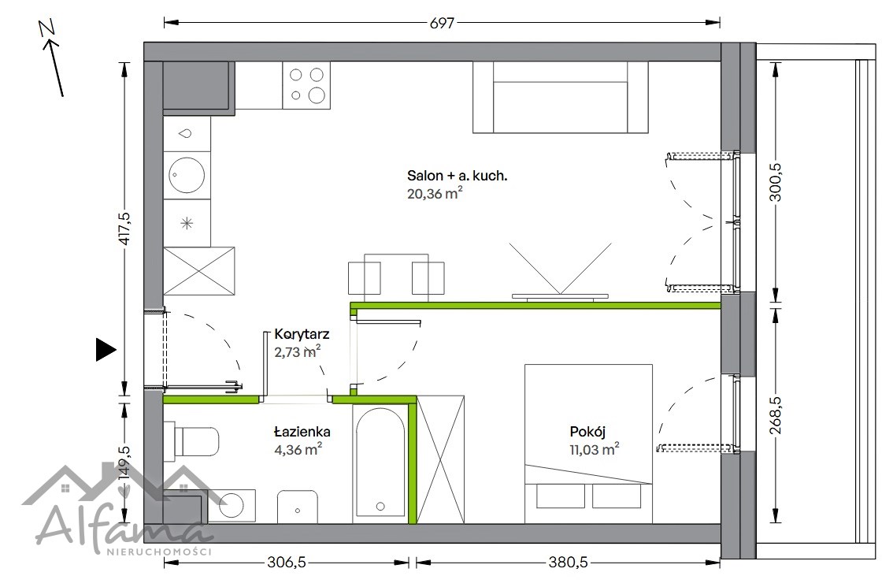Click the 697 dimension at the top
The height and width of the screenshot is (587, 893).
coord(442,23)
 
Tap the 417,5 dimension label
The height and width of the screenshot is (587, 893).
coord(124,228)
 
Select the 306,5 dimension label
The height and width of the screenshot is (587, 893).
coord(287,563)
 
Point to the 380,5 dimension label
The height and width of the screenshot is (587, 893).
coord(568,563)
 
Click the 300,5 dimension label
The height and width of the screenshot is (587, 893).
coord(775,182)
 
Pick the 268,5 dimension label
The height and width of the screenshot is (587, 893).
coord(775,415)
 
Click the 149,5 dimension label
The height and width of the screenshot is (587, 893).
coord(124,462)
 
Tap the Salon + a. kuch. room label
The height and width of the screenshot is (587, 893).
coord(457,176)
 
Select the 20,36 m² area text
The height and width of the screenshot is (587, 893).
coord(435,193)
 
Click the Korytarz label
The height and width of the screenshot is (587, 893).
coord(302,334)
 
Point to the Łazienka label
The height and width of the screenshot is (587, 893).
coord(302,432)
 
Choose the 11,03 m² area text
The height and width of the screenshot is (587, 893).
coord(594,449)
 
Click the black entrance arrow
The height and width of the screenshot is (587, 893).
coord(106,349)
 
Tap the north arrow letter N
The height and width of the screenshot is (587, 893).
coord(47,28)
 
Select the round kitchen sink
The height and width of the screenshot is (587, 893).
coord(186,175)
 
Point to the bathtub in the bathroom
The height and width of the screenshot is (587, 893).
coord(380,464)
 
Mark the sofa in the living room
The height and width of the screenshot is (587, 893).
coord(561,97)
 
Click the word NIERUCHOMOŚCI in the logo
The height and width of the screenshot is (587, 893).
coord(159,552)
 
